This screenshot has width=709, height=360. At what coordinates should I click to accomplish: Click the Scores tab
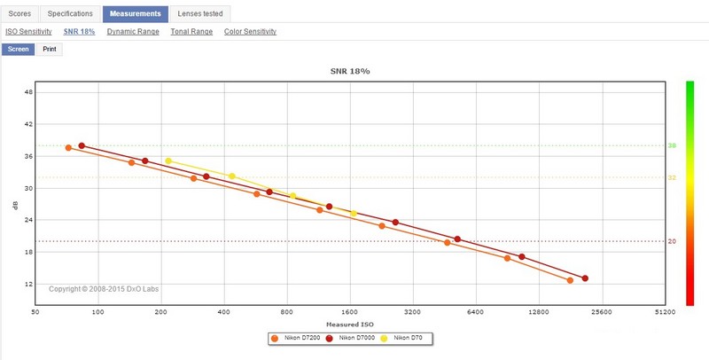[x=19, y=14]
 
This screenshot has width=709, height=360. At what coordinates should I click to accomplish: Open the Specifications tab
[x=69, y=14]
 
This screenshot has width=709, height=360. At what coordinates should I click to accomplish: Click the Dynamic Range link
[x=133, y=32]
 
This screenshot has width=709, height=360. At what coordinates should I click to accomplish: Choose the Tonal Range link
[x=191, y=32]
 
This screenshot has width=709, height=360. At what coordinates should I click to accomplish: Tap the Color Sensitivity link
[x=250, y=32]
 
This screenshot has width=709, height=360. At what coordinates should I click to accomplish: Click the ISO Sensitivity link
[x=29, y=32]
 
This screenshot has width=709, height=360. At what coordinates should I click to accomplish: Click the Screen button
[x=18, y=49]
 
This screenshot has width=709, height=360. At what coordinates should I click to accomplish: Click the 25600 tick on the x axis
[x=602, y=312]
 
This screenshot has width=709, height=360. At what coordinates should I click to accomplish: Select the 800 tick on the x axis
[x=287, y=312]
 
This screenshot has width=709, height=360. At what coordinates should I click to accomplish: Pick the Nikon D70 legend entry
[x=409, y=338]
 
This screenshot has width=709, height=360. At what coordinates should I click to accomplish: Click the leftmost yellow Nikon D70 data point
[x=168, y=160]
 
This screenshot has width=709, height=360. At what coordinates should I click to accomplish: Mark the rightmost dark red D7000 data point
[x=585, y=278]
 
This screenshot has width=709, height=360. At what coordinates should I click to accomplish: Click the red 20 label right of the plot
[x=672, y=241]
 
